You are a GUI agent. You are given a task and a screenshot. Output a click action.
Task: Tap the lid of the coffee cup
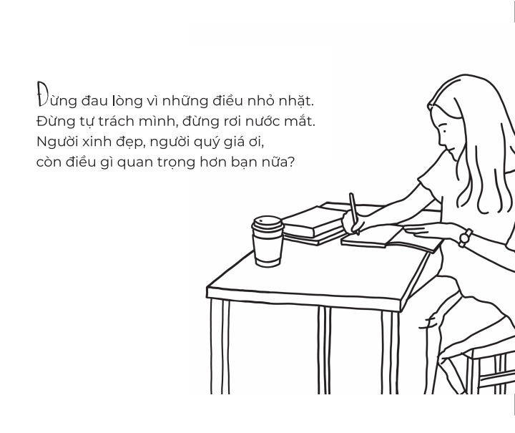(x=268, y=224)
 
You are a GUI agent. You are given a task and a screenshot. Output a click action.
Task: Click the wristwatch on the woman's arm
(x=465, y=238)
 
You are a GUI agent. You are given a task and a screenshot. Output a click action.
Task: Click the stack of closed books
(x=314, y=225)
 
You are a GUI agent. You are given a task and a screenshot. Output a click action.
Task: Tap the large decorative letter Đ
(x=41, y=94)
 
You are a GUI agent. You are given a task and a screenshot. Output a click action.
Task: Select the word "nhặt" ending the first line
(x=296, y=101)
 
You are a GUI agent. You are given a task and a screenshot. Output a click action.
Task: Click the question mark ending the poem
(x=290, y=162)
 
